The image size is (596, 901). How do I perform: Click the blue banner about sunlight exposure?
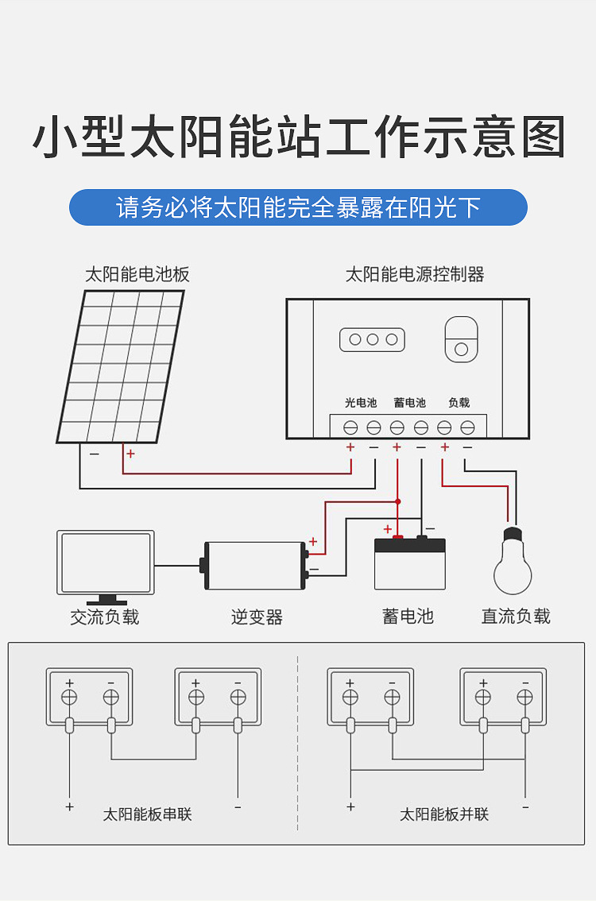(298, 207)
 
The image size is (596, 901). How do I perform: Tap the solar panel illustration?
(121, 366)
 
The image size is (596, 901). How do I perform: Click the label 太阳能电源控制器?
(414, 275)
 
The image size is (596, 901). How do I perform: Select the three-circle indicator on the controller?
(373, 339)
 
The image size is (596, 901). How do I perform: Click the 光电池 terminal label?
(361, 403)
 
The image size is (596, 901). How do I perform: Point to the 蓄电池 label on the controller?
(409, 403)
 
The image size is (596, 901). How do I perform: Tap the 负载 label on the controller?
(459, 403)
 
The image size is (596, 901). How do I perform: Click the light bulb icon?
(513, 564)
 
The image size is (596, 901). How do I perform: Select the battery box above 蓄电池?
(409, 564)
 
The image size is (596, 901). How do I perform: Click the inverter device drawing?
(254, 566)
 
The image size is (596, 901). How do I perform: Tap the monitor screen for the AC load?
(106, 563)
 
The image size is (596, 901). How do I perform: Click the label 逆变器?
(257, 617)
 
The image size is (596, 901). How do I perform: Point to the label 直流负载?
(516, 616)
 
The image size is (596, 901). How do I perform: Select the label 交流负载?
(105, 617)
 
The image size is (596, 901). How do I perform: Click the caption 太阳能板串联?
(148, 814)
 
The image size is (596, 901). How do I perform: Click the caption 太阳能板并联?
(444, 814)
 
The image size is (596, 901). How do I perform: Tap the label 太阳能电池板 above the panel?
(137, 275)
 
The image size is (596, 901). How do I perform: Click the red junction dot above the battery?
(398, 501)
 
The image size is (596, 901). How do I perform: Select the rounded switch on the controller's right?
(461, 339)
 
